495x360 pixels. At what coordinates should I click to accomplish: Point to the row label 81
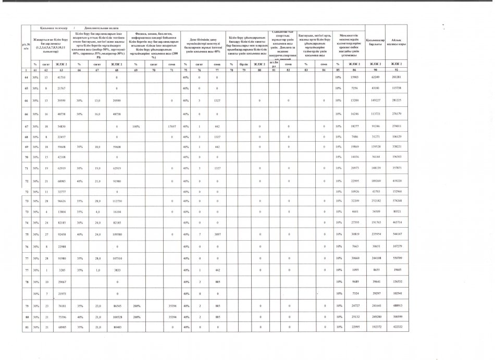26,327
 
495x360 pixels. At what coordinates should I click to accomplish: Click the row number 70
26,156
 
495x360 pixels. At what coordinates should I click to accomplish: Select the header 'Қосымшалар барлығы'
375,42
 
